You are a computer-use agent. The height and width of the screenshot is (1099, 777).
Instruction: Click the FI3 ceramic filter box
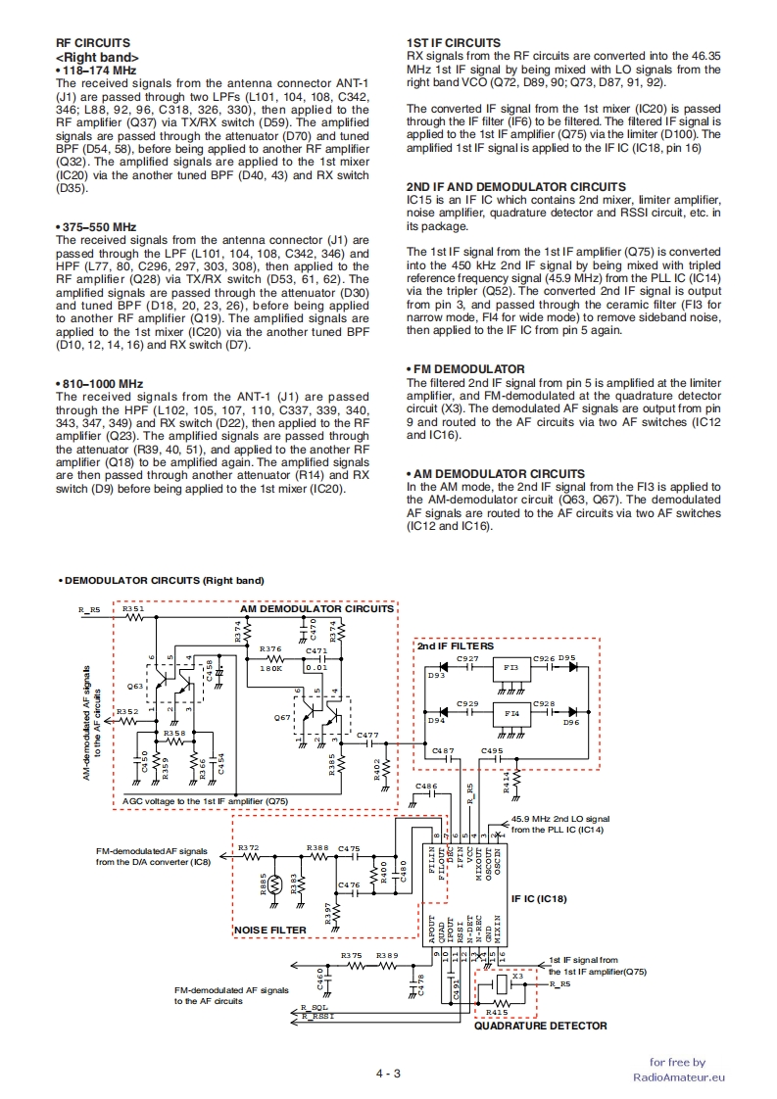tap(510, 667)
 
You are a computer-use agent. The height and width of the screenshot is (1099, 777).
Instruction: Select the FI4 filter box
tap(510, 713)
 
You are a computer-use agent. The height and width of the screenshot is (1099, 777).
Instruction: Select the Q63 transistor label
tap(134, 688)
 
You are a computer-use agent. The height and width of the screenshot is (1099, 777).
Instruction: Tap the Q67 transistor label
tap(282, 718)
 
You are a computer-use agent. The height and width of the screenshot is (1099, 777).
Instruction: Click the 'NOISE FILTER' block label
tap(269, 930)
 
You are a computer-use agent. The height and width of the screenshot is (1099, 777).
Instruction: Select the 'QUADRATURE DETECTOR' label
tap(540, 1026)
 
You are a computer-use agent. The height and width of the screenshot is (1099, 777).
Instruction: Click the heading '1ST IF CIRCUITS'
tap(453, 43)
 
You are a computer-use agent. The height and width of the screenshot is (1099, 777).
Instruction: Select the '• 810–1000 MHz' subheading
tap(100, 383)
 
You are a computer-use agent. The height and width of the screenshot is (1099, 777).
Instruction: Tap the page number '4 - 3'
tap(388, 1074)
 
